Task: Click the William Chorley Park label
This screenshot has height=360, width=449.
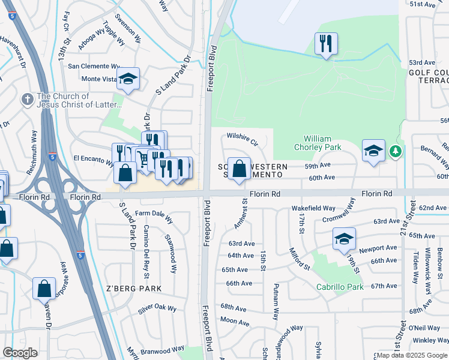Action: click(318, 143)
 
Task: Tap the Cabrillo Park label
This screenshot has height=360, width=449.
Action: click(340, 287)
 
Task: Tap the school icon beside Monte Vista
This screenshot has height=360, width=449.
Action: click(128, 79)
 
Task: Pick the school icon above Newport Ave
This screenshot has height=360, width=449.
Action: click(344, 239)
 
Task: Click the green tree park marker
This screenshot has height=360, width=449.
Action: click(394, 151)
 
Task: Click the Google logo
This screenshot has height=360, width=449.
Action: click(20, 353)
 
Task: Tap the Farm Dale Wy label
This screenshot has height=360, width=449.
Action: click(154, 213)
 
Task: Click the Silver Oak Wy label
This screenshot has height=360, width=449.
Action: click(157, 309)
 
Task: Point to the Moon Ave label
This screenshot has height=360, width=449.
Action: click(235, 322)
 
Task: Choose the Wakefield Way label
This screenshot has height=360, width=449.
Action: click(313, 208)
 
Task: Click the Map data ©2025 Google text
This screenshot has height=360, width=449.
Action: click(412, 355)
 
